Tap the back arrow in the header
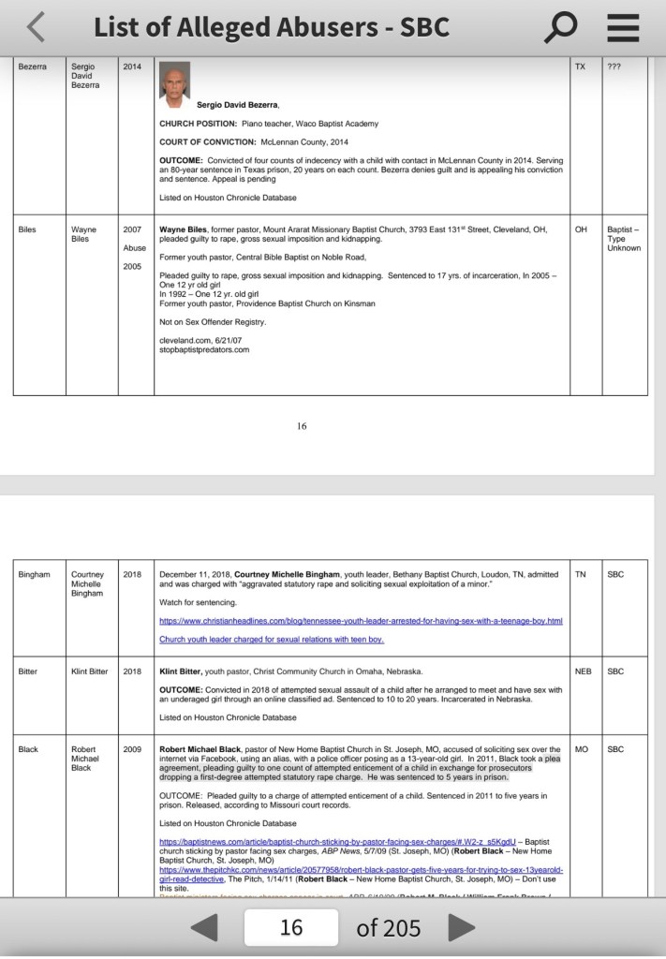(x=36, y=27)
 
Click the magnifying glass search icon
(x=560, y=27)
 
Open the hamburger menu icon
(x=623, y=27)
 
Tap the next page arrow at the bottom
(x=461, y=928)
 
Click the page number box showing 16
(x=291, y=928)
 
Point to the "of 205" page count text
(x=388, y=928)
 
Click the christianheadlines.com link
(x=361, y=621)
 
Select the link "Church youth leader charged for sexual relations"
(x=272, y=640)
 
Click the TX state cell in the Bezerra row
(x=580, y=67)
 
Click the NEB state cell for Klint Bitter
(x=583, y=671)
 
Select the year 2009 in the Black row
(x=132, y=749)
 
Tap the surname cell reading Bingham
(x=35, y=574)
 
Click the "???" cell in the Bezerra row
(x=614, y=67)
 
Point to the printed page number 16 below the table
(x=302, y=426)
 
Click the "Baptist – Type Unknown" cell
(x=624, y=239)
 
